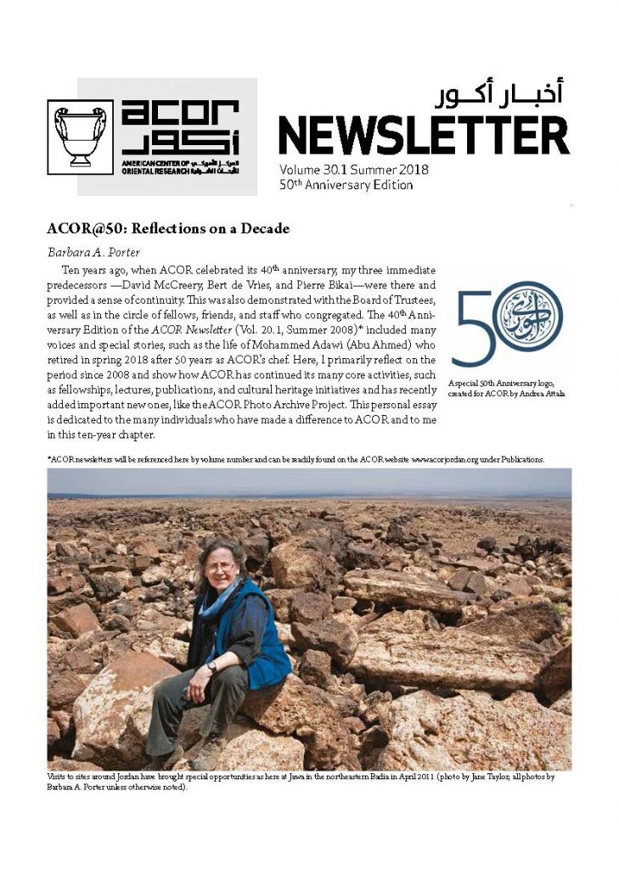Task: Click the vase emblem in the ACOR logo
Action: click(80, 137)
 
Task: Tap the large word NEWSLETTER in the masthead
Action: click(424, 135)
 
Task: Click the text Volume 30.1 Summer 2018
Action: click(353, 170)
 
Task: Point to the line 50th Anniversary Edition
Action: click(346, 185)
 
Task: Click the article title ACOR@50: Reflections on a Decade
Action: click(168, 228)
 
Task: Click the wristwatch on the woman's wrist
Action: click(211, 666)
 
